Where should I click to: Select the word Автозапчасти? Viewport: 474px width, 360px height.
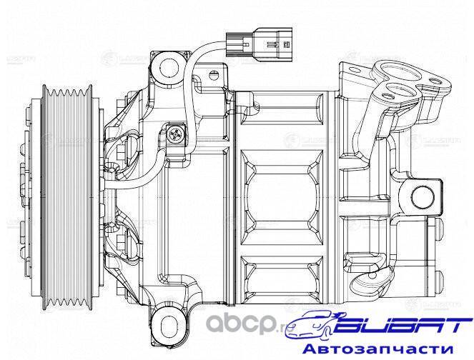385,349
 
